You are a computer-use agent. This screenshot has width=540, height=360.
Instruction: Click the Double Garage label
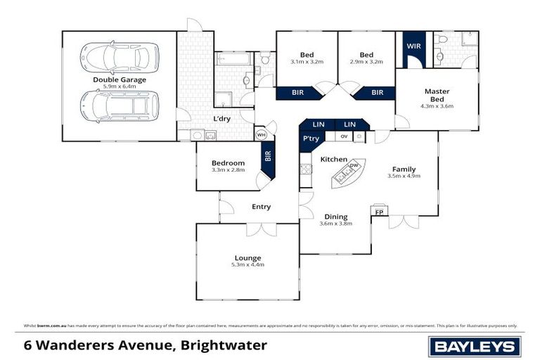(x=120, y=79)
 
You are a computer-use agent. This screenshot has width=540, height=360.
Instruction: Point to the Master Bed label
(x=437, y=95)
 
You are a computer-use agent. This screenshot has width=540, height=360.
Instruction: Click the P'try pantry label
(x=311, y=139)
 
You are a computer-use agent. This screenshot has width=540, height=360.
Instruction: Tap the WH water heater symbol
(x=261, y=135)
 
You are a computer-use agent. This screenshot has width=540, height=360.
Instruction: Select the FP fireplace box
(x=379, y=212)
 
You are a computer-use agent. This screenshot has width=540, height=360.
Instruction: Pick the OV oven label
(x=344, y=136)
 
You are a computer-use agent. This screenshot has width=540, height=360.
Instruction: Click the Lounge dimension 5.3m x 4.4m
(x=248, y=264)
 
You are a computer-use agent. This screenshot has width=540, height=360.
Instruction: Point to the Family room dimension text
(x=404, y=176)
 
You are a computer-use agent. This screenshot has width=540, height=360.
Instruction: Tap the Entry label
(x=261, y=207)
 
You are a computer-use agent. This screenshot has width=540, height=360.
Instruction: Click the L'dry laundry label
(x=222, y=118)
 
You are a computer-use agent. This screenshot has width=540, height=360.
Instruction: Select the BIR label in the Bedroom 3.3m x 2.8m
(x=267, y=156)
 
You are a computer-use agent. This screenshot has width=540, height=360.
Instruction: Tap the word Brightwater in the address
(x=224, y=345)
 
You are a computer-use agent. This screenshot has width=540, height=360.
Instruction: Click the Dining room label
(x=335, y=217)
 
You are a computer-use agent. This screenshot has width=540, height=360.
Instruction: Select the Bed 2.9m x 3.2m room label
(x=366, y=55)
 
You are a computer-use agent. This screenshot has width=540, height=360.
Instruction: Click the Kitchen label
(x=333, y=160)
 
